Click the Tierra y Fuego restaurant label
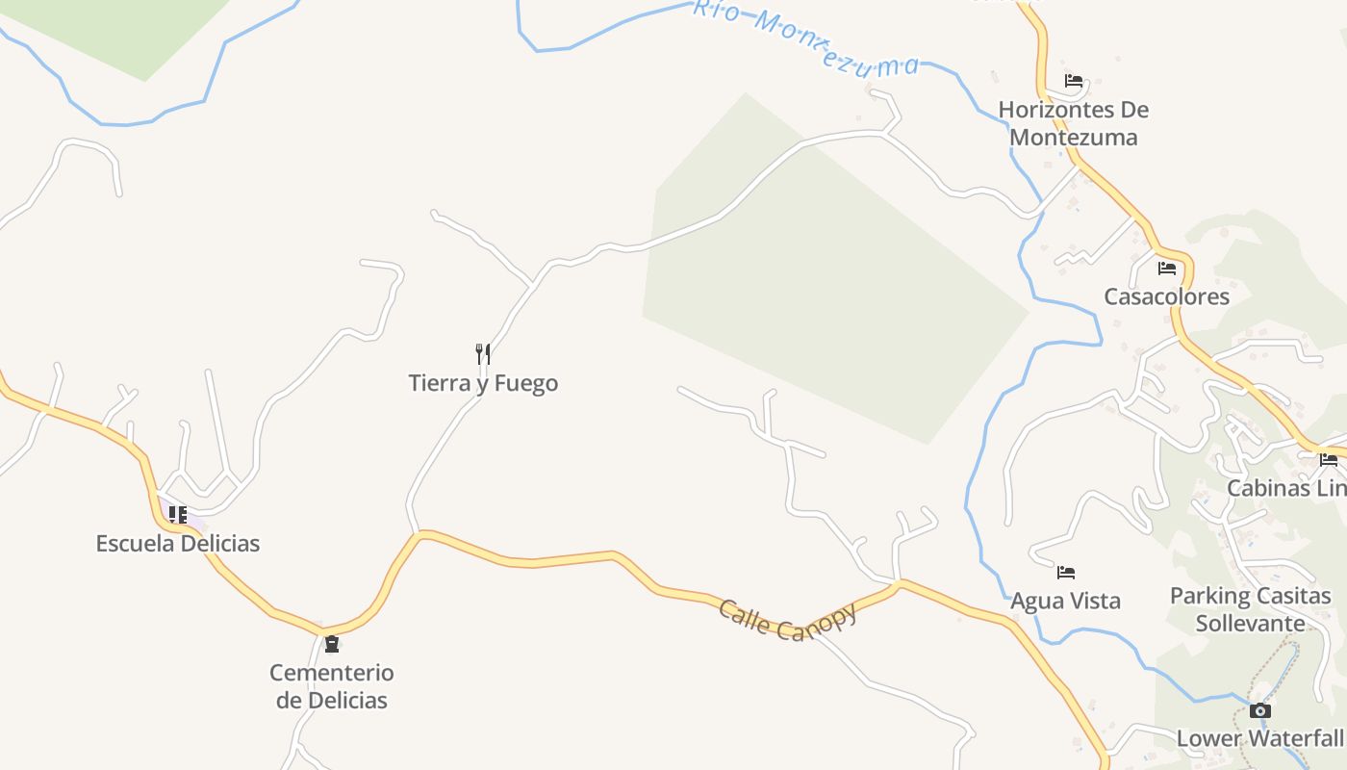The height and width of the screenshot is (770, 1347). (483, 383)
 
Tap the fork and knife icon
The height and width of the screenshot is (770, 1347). (483, 354)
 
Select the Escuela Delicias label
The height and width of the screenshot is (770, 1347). (178, 543)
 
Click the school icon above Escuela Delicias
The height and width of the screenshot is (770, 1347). (178, 515)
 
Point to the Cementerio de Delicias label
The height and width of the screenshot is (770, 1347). (332, 686)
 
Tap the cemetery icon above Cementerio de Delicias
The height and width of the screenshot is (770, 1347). (332, 644)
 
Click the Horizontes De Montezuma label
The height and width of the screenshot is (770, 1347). (1074, 123)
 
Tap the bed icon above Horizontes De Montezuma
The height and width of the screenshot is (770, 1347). (1074, 81)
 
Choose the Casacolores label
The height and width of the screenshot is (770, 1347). (1166, 296)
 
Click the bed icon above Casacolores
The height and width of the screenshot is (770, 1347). (1167, 269)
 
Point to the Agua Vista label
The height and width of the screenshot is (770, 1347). (1065, 601)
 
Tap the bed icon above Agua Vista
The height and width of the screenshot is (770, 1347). (1065, 573)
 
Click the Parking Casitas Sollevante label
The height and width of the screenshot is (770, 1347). (1250, 609)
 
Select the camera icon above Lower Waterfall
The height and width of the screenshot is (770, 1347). (1259, 711)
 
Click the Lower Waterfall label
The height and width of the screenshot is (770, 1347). (1260, 738)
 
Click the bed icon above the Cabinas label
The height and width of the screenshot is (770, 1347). (1329, 460)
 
